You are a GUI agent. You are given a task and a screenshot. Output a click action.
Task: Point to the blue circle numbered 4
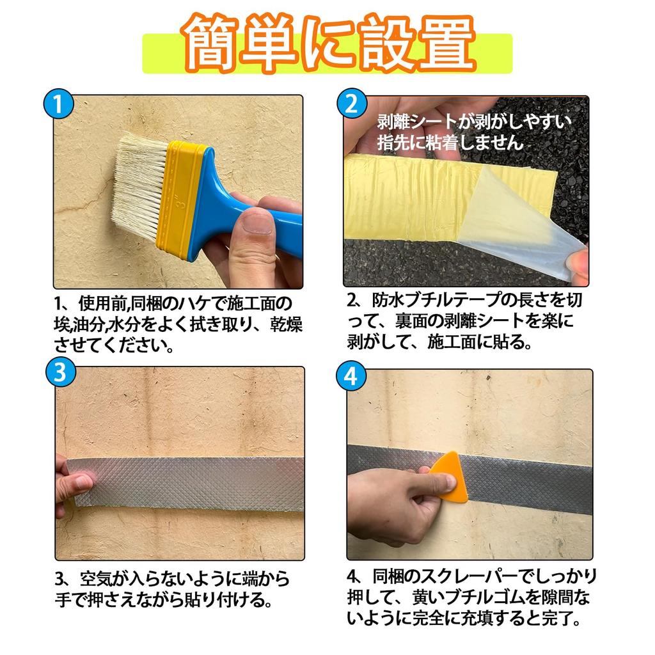351,377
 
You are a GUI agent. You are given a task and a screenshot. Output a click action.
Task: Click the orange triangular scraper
451,477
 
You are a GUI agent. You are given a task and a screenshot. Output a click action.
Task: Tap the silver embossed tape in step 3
192,483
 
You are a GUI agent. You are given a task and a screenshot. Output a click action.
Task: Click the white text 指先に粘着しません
450,143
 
